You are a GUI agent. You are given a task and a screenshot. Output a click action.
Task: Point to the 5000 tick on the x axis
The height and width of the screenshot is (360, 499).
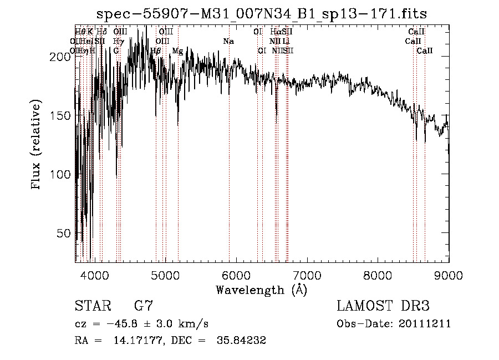165,275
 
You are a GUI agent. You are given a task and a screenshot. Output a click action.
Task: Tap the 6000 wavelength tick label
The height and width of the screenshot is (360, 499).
236,275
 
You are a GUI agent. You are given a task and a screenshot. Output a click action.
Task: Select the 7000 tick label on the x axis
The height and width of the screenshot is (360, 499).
307,275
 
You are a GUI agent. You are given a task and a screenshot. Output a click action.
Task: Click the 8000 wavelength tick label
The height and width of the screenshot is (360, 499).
378,275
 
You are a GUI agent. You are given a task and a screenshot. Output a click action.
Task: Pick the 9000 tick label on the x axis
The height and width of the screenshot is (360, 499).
449,275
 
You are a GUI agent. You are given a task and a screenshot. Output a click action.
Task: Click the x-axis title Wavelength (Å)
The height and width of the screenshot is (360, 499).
261,290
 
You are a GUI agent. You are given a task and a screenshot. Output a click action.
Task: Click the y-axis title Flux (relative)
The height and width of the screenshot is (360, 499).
37,145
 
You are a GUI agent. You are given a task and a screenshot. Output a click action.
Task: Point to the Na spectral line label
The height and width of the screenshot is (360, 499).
228,41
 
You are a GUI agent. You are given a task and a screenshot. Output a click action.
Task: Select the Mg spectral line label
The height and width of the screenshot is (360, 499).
177,50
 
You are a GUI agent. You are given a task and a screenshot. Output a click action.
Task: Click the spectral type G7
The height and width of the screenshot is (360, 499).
144,306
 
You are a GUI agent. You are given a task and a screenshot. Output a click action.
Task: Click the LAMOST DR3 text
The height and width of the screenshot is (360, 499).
383,306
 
